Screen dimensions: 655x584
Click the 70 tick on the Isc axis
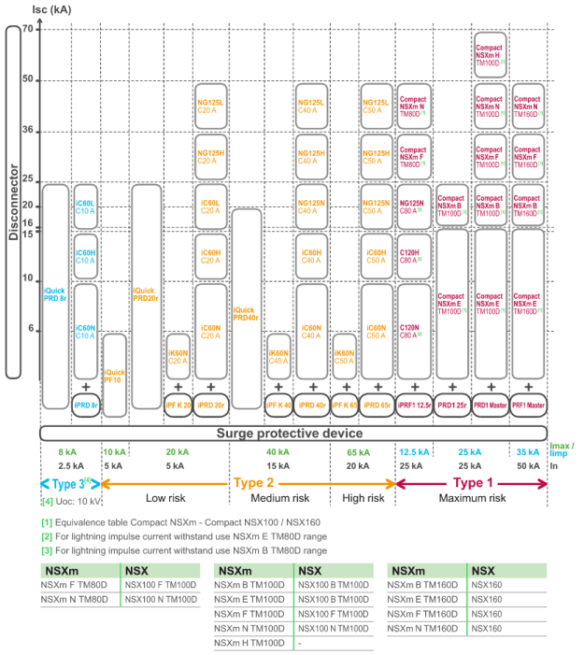[27, 30]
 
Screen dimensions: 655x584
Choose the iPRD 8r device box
[85, 406]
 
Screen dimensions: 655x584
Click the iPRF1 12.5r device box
[414, 406]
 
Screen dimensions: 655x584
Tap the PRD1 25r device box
[452, 406]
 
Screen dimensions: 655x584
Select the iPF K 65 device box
[344, 406]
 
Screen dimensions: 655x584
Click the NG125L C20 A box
[211, 106]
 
